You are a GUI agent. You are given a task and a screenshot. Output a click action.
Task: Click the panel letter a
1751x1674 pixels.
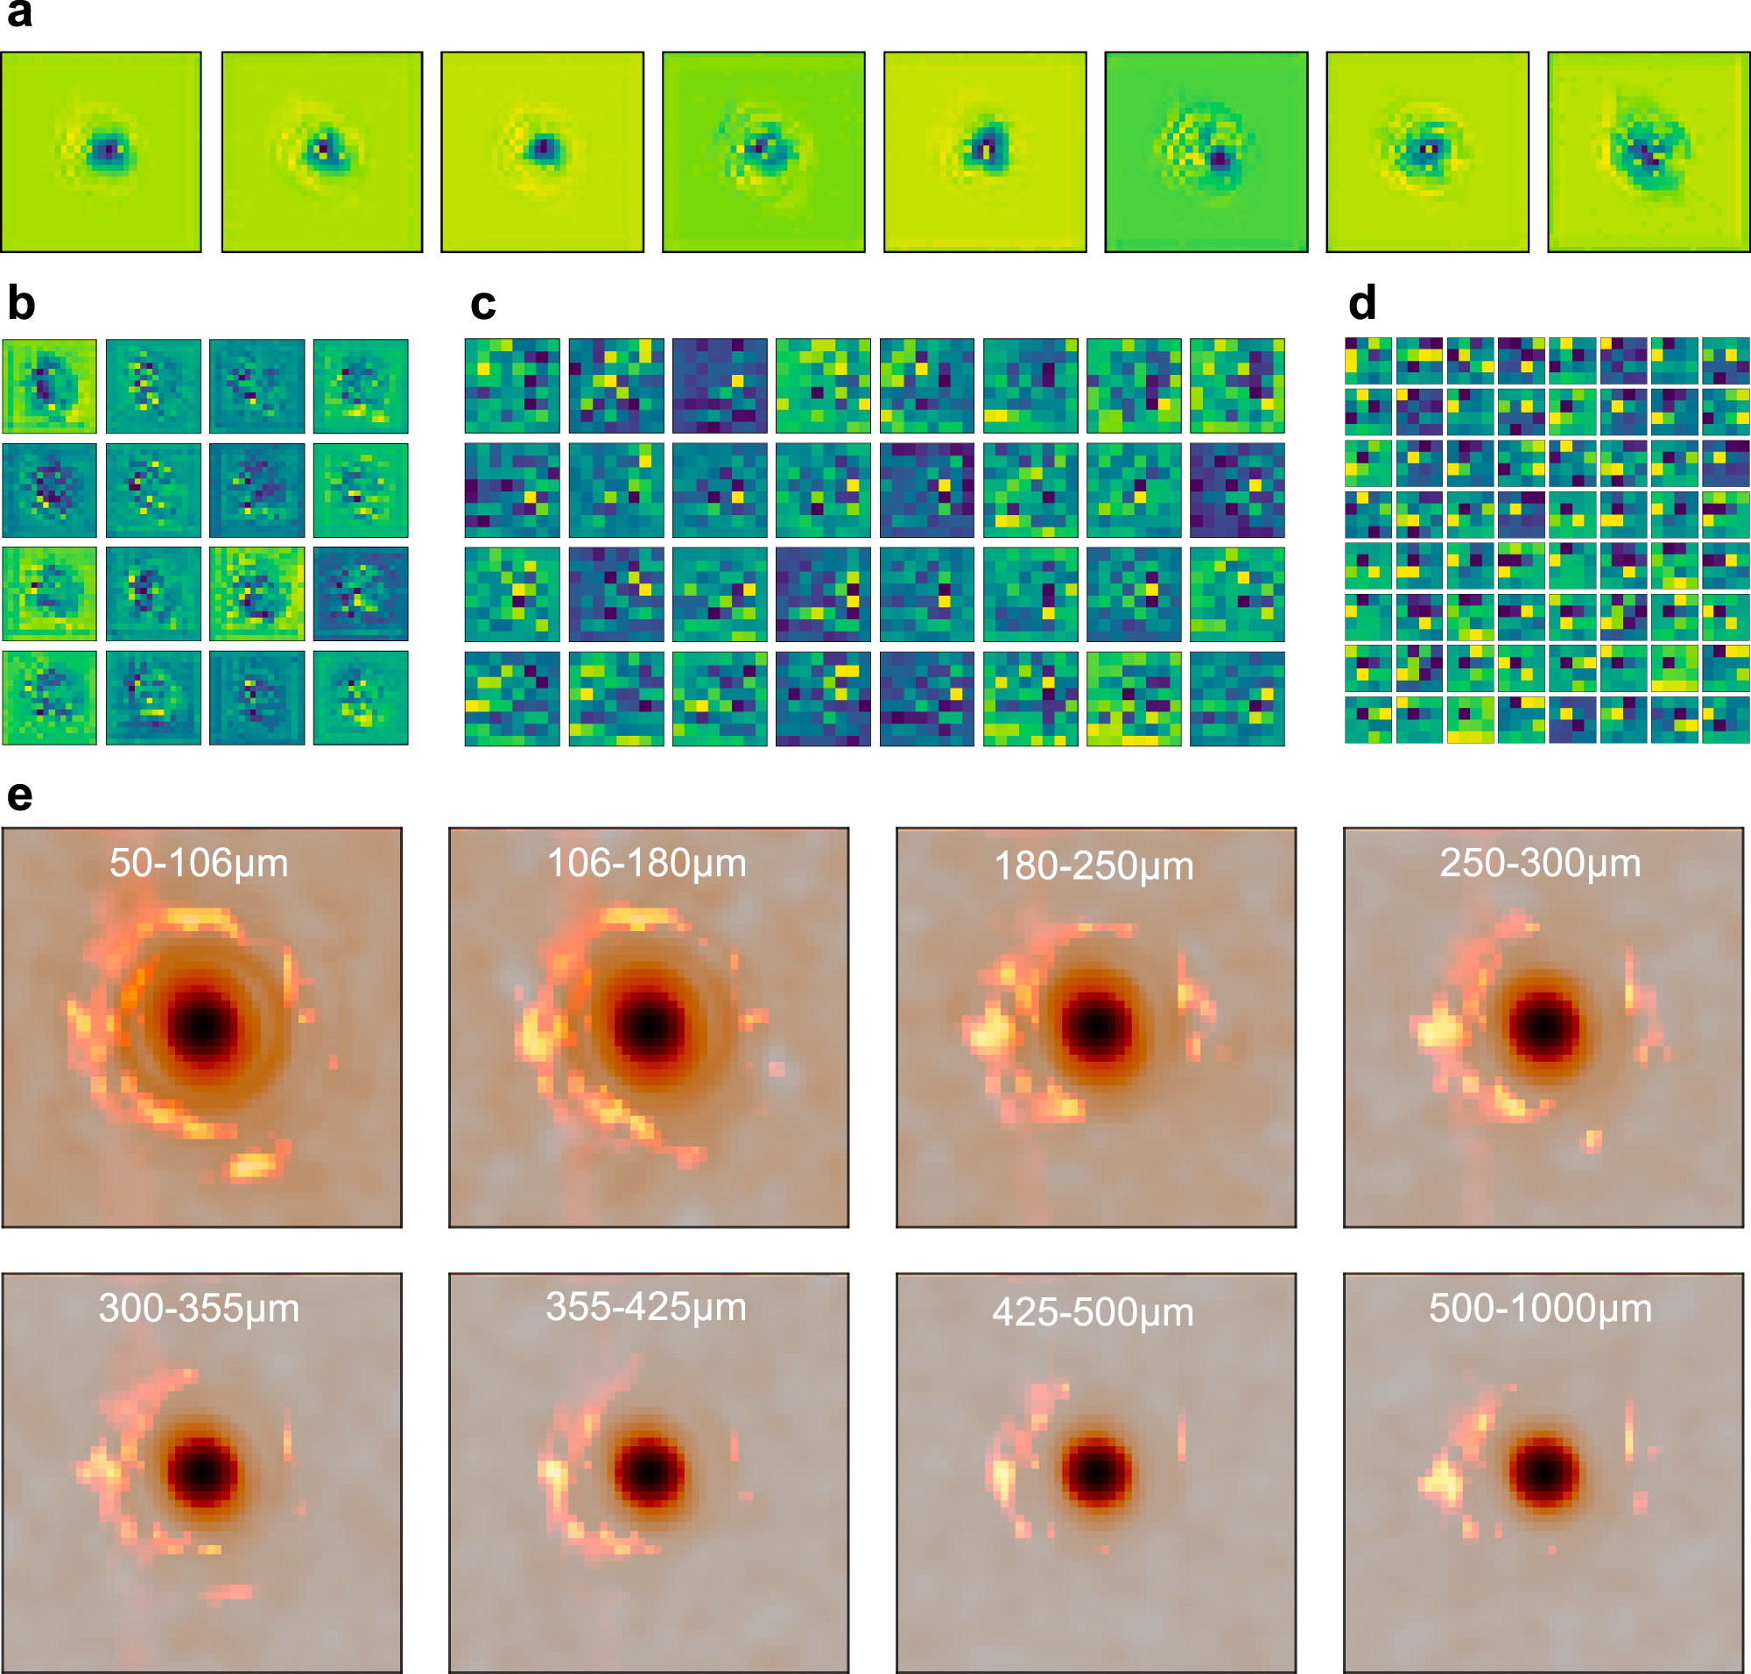pos(18,15)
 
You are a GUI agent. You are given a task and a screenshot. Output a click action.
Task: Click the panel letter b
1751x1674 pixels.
pos(20,304)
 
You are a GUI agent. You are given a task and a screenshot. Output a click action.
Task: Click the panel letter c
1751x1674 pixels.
pos(482,305)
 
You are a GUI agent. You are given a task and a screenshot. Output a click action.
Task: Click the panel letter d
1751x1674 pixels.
pos(1362,303)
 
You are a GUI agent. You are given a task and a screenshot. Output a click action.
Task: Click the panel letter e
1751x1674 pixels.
pos(19,795)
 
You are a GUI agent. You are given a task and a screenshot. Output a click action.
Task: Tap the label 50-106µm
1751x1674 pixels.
pos(199,864)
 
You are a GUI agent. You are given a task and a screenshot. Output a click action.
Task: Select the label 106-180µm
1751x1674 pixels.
pos(647,864)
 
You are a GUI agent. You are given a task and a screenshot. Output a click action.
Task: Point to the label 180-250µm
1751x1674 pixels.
pos(1093,866)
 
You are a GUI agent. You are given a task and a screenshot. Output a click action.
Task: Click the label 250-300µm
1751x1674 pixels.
pos(1541,864)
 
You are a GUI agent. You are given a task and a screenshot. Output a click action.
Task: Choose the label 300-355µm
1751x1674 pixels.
pos(199,1309)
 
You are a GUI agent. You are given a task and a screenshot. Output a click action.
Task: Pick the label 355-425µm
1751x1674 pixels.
pos(647,1308)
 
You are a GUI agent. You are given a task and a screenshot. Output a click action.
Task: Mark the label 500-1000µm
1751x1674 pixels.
pos(1541,1309)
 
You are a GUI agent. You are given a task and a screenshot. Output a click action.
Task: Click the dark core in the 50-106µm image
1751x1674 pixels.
pos(204,1027)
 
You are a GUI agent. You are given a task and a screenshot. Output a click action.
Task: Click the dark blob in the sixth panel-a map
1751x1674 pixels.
pos(1220,160)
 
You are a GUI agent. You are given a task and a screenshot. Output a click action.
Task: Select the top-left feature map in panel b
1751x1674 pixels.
pos(49,386)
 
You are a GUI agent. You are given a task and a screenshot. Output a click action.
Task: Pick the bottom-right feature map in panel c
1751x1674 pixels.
pos(1237,699)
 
